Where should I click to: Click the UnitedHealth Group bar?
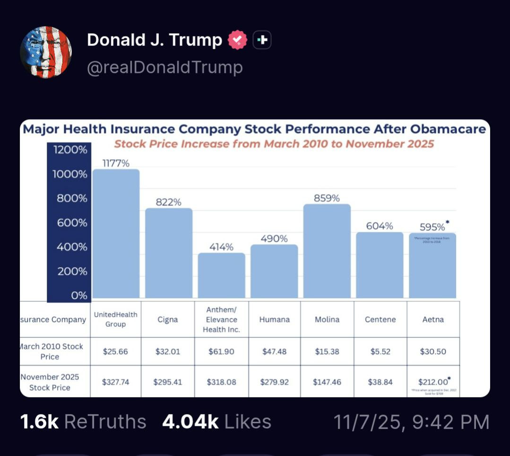(x=116, y=234)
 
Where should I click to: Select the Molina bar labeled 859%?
(x=327, y=251)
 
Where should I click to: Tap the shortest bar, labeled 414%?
(x=221, y=275)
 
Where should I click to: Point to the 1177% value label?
(x=116, y=163)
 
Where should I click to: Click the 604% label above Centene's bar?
(x=380, y=226)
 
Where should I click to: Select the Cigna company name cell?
(x=168, y=319)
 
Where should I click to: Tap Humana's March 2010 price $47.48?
(x=274, y=351)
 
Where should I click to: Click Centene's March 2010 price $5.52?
(x=380, y=351)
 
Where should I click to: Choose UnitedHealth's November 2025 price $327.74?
(x=116, y=382)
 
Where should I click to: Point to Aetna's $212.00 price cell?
(x=433, y=381)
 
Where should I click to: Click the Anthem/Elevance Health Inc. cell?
(x=221, y=319)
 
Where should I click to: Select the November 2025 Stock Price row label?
(x=50, y=382)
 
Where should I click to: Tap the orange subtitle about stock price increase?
(x=274, y=143)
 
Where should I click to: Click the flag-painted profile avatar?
(x=46, y=52)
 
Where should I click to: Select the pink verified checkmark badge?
(x=237, y=40)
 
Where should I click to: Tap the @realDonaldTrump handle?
(x=164, y=68)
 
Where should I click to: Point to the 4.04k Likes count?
(x=216, y=421)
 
